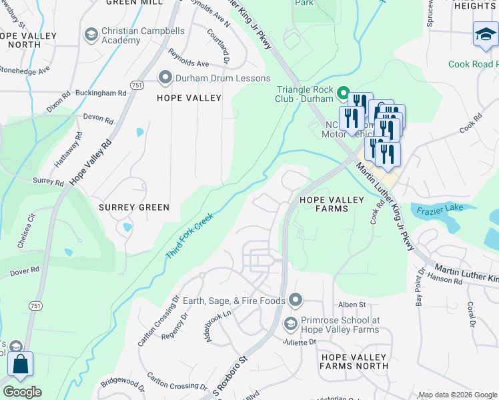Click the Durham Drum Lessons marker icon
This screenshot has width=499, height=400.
165,78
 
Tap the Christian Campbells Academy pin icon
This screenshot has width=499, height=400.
91,34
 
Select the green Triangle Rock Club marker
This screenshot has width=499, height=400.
344,93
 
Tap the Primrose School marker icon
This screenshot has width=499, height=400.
290,324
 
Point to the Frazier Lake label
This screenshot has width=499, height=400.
440,209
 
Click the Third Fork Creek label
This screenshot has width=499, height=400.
189,236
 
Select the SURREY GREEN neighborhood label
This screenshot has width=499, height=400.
134,207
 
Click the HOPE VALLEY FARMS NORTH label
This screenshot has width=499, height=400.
354,362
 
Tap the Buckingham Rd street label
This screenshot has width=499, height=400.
101,93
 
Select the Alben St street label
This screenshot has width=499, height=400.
353,304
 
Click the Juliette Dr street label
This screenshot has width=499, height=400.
302,342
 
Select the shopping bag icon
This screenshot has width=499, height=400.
21,364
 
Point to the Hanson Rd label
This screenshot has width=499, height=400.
445,281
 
